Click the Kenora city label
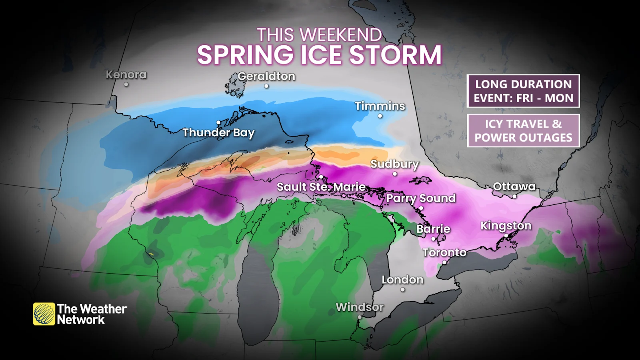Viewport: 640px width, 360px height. pyautogui.click(x=126, y=75)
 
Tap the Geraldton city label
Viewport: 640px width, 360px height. pyautogui.click(x=266, y=76)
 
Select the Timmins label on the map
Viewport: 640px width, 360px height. pyautogui.click(x=380, y=106)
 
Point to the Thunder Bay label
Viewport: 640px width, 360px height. pyautogui.click(x=218, y=132)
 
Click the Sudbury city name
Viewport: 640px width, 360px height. pyautogui.click(x=394, y=164)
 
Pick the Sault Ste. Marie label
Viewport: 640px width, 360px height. pyautogui.click(x=321, y=187)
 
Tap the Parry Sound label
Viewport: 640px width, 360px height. pyautogui.click(x=421, y=198)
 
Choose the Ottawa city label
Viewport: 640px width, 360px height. pyautogui.click(x=514, y=186)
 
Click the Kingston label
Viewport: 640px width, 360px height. pyautogui.click(x=506, y=226)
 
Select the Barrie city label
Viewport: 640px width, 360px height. pyautogui.click(x=433, y=229)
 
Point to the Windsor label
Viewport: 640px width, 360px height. pyautogui.click(x=360, y=307)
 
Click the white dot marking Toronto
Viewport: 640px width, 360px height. pyautogui.click(x=444, y=262)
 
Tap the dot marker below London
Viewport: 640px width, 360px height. pyautogui.click(x=402, y=290)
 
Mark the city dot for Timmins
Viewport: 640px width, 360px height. pyautogui.click(x=380, y=116)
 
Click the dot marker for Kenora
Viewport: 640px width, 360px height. pyautogui.click(x=126, y=84)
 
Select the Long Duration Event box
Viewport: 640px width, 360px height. pyautogui.click(x=523, y=91)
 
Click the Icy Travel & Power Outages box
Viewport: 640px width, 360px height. pyautogui.click(x=523, y=131)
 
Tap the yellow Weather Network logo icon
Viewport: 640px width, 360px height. pyautogui.click(x=44, y=314)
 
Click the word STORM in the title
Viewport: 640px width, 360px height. pyautogui.click(x=396, y=55)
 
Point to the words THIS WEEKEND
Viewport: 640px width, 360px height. pyautogui.click(x=319, y=35)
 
